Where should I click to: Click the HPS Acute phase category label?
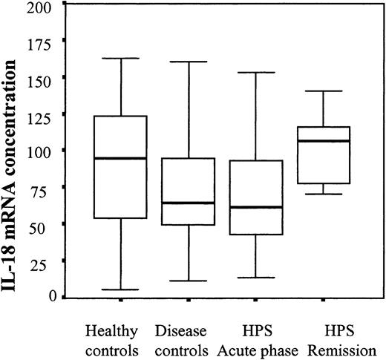coord(255,337)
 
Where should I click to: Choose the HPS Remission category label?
coord(324,337)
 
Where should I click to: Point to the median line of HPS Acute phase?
coord(255,207)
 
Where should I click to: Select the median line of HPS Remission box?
coord(324,141)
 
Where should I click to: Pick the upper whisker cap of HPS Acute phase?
coord(255,73)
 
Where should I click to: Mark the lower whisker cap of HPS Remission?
coord(324,194)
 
